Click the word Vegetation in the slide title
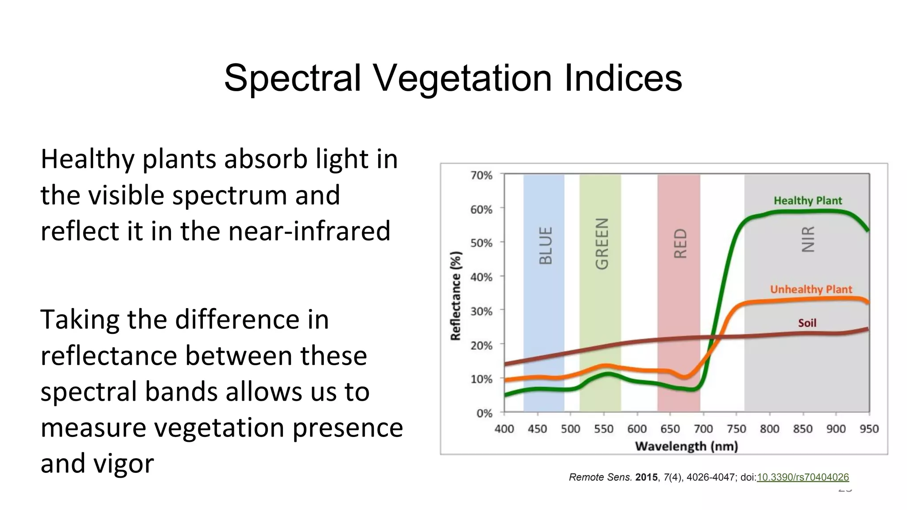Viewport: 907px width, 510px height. coord(462,78)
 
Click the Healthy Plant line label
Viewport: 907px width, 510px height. coord(807,201)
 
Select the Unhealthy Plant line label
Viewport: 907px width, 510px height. coord(810,289)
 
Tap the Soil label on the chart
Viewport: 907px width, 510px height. coord(807,323)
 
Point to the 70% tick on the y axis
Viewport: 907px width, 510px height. coord(481,175)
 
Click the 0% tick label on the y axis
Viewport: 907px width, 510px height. coord(484,413)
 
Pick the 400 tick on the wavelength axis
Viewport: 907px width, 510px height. coord(504,429)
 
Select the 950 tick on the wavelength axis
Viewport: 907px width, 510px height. coord(868,429)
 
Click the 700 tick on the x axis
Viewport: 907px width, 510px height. coord(703,429)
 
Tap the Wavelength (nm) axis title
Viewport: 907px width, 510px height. coord(686,446)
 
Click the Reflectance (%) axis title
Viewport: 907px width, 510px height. coord(455,296)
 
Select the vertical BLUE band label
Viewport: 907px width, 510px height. coord(546,246)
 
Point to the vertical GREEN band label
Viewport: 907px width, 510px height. coord(601,243)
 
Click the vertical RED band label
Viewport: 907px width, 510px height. coord(680,243)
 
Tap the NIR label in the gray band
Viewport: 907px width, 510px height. coord(808,239)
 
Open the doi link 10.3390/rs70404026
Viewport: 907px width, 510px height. coord(802,477)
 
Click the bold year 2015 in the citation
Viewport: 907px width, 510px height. coord(646,477)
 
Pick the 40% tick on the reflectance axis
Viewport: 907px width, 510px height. coord(481,277)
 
